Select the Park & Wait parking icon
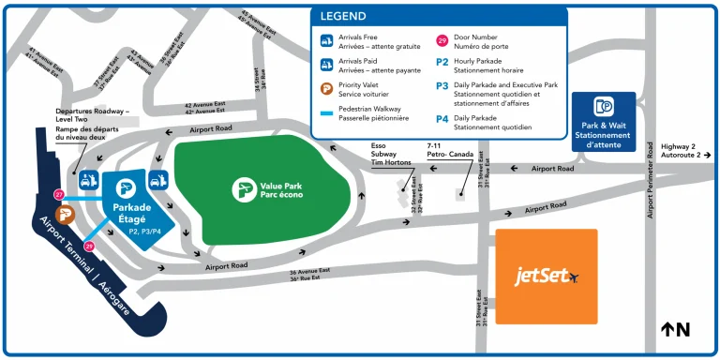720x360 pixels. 603,107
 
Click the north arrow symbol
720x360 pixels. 675,329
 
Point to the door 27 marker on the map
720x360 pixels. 59,195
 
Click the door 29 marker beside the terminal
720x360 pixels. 90,246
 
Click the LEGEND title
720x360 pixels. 343,16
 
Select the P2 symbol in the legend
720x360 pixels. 442,62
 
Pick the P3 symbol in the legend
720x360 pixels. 442,85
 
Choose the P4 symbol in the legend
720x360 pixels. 442,119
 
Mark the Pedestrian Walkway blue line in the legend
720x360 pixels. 326,113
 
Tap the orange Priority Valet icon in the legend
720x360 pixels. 326,89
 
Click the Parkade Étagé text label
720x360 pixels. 131,213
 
